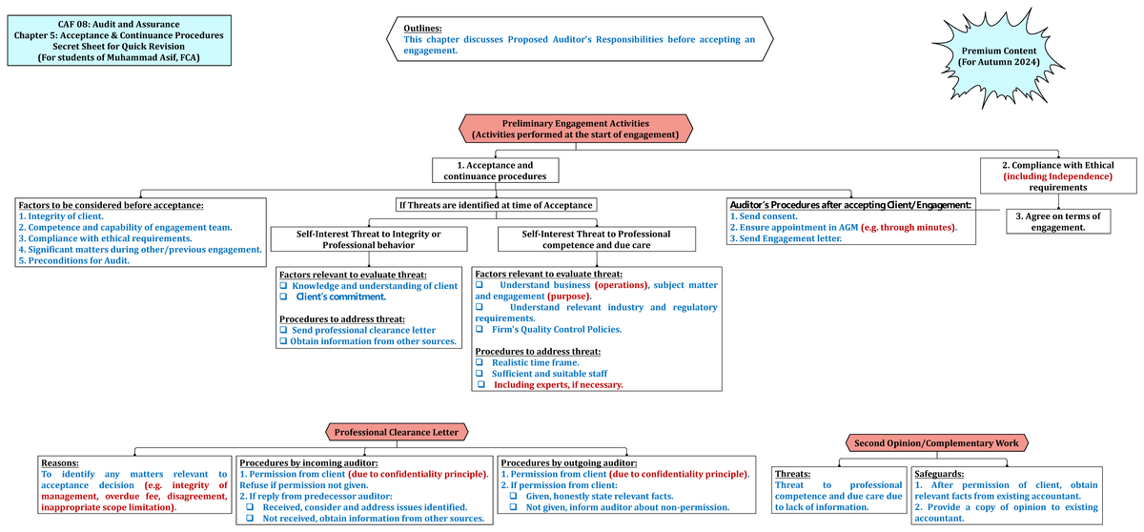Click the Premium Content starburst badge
point(999,56)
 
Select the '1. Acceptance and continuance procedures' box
point(495,171)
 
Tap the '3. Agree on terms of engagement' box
point(1057,221)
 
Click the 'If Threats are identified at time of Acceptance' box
point(496,205)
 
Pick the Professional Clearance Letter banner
point(396,432)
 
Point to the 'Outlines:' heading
point(422,29)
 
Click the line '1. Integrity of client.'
point(60,216)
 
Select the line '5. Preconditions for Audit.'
point(73,260)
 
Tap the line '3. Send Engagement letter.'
point(785,238)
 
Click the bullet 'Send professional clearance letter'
point(363,330)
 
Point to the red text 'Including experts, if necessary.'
point(558,385)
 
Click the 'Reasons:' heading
point(59,462)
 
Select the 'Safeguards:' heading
point(938,473)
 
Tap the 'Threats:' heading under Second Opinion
point(794,473)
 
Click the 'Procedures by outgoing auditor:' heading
point(568,462)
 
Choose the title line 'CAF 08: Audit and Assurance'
point(119,24)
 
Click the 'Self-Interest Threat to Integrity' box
point(368,239)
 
